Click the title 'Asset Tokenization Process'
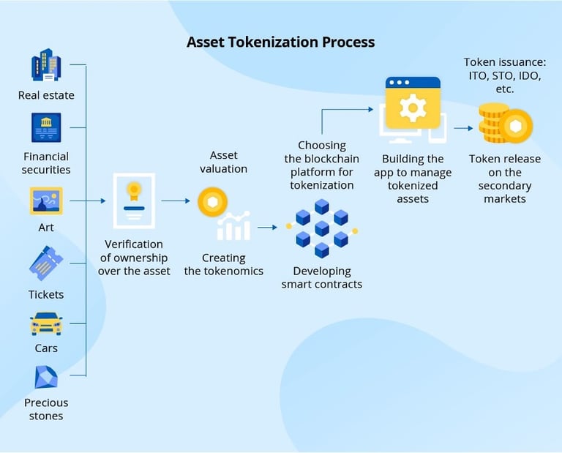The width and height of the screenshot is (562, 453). (x=281, y=42)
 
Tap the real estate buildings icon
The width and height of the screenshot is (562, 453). (x=46, y=64)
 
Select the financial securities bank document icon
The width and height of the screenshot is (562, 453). (x=46, y=127)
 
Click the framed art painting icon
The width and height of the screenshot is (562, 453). (x=46, y=201)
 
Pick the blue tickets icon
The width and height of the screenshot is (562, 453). (x=46, y=263)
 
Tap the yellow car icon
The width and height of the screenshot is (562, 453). (x=46, y=323)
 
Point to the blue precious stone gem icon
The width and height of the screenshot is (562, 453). (x=46, y=378)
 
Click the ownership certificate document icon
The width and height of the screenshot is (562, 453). (x=134, y=201)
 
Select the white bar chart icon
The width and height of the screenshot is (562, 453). (x=233, y=226)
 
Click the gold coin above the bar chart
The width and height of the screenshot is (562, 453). (x=212, y=202)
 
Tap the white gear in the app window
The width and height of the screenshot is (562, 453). (x=413, y=108)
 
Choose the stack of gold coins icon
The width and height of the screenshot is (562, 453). (x=506, y=123)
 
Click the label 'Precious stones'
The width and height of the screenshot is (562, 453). (x=46, y=409)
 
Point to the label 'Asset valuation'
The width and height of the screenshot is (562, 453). (x=224, y=162)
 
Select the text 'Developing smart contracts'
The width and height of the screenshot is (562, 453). (x=322, y=277)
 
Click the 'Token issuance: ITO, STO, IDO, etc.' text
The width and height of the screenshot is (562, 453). (x=505, y=75)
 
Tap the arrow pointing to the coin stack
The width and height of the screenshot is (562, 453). (x=463, y=128)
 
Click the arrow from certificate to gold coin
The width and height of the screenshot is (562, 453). (x=176, y=201)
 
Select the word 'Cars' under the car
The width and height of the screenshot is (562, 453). (x=46, y=348)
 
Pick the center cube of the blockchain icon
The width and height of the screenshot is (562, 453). (x=322, y=228)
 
